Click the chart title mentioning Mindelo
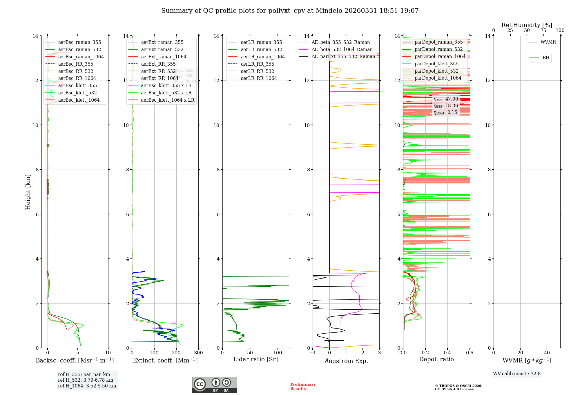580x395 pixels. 290,11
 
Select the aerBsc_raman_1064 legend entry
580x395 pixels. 81,57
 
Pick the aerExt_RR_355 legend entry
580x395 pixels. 158,64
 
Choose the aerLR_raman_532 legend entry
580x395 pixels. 261,49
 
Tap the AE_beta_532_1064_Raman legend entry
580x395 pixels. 342,49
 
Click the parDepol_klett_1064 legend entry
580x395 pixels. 438,78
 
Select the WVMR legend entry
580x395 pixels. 548,42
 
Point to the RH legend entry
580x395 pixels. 545,58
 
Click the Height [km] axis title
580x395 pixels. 28,192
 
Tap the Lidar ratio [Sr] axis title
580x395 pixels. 255,359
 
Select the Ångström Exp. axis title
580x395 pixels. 346,361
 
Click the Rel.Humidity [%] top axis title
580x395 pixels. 527,25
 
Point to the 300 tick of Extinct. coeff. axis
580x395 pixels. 198,353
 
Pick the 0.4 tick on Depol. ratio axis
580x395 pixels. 447,353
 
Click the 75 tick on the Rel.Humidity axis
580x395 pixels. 543,30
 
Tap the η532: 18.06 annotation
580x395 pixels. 446,106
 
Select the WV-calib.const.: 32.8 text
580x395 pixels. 516,374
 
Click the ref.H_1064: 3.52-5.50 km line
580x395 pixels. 87,386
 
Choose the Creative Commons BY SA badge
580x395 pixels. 214,385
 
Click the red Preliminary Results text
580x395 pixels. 303,386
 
